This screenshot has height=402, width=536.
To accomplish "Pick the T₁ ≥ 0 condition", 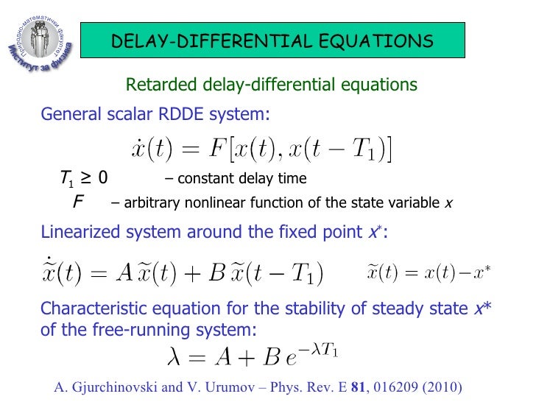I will pyautogui.click(x=84, y=177).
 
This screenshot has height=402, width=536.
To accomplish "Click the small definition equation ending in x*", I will pyautogui.click(x=429, y=273).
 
